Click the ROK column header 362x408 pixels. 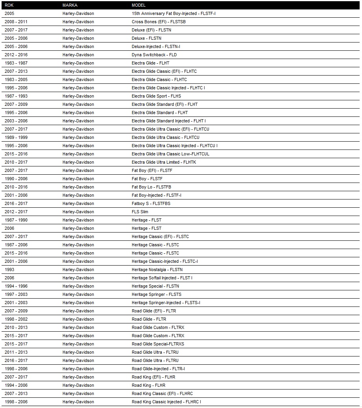click(x=9, y=5)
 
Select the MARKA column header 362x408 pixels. click(x=69, y=5)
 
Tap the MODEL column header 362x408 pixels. click(x=139, y=5)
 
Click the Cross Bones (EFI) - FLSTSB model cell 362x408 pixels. click(x=159, y=22)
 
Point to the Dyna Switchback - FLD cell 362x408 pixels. click(x=154, y=55)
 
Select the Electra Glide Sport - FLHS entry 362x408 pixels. click(x=156, y=96)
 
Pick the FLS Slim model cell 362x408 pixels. click(x=140, y=212)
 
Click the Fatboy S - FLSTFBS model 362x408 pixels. click(x=151, y=203)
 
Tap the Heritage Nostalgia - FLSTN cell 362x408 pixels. click(x=157, y=270)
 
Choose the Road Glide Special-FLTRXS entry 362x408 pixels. click(x=158, y=344)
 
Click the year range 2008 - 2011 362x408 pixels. click(x=16, y=22)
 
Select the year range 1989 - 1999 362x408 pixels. click(x=16, y=137)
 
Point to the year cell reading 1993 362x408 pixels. click(x=9, y=270)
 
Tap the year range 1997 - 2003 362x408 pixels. click(x=16, y=294)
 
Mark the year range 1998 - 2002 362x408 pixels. click(x=16, y=319)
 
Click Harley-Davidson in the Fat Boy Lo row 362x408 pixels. click(x=78, y=187)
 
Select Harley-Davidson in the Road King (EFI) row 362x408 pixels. click(x=78, y=377)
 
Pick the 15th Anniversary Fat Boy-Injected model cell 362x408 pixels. click(x=174, y=13)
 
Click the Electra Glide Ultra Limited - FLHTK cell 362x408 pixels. click(x=164, y=162)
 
